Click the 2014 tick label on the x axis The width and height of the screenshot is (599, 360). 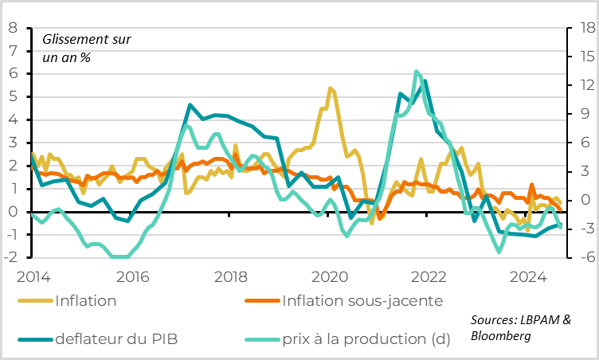(33, 277)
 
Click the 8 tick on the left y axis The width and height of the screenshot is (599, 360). (13, 28)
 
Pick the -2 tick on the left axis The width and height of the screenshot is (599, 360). (10, 258)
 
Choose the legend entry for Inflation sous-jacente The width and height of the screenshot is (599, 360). (362, 300)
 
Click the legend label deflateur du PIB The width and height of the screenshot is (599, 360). (116, 338)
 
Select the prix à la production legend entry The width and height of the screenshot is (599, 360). (366, 338)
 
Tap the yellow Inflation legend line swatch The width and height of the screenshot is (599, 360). (37, 301)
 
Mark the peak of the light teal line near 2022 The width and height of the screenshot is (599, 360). (417, 72)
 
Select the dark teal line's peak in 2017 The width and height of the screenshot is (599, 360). (190, 105)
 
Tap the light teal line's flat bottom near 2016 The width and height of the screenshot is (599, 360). (119, 256)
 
